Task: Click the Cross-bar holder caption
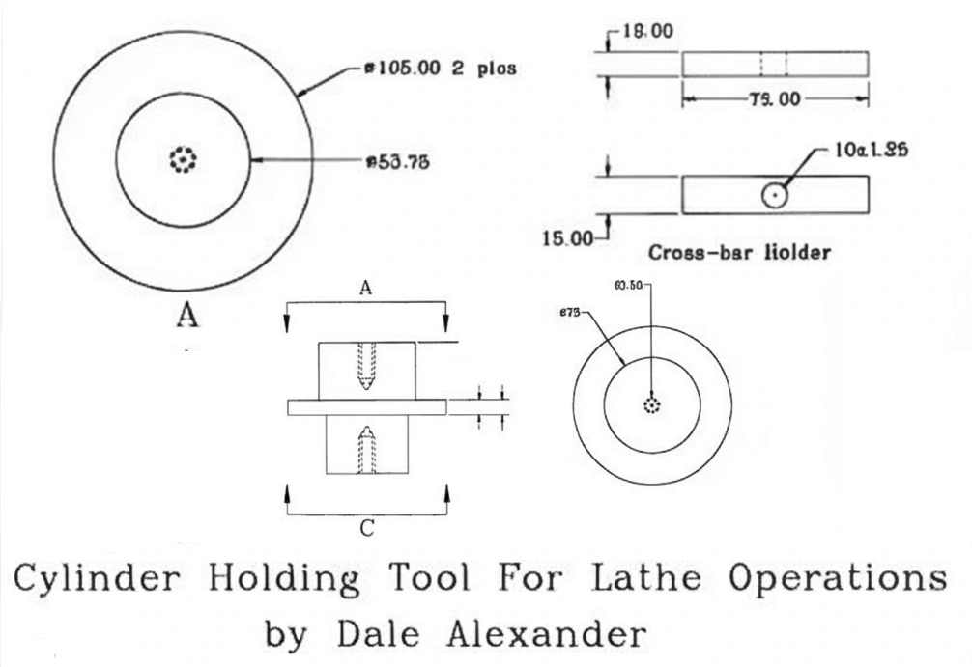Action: [x=740, y=254]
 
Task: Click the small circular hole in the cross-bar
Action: [x=774, y=196]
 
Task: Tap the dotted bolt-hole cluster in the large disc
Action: [x=182, y=160]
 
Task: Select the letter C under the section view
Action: [x=366, y=528]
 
